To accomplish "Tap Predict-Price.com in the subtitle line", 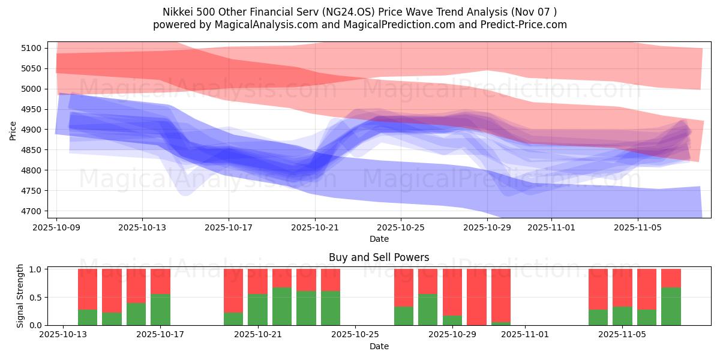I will [525, 25].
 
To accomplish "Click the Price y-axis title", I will [13, 130].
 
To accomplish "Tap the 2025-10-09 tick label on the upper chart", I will [56, 228].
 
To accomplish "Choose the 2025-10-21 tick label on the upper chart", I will [315, 228].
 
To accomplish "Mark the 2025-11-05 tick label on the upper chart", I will [637, 228].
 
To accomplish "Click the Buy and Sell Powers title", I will [379, 257].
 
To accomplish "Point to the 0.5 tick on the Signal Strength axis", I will [37, 297].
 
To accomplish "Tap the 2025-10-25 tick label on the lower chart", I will [355, 335].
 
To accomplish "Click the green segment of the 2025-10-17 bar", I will [160, 310].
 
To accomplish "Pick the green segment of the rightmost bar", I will [671, 306].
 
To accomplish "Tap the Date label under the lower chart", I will [379, 346].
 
